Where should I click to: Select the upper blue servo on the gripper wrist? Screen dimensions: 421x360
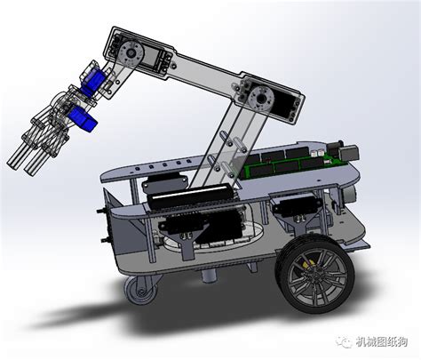[93, 78]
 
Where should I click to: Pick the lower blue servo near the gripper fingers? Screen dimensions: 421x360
[83, 119]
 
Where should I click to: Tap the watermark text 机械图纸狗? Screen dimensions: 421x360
[382, 342]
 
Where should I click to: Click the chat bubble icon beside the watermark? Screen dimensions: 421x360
[345, 342]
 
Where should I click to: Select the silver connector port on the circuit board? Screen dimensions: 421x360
[351, 152]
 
